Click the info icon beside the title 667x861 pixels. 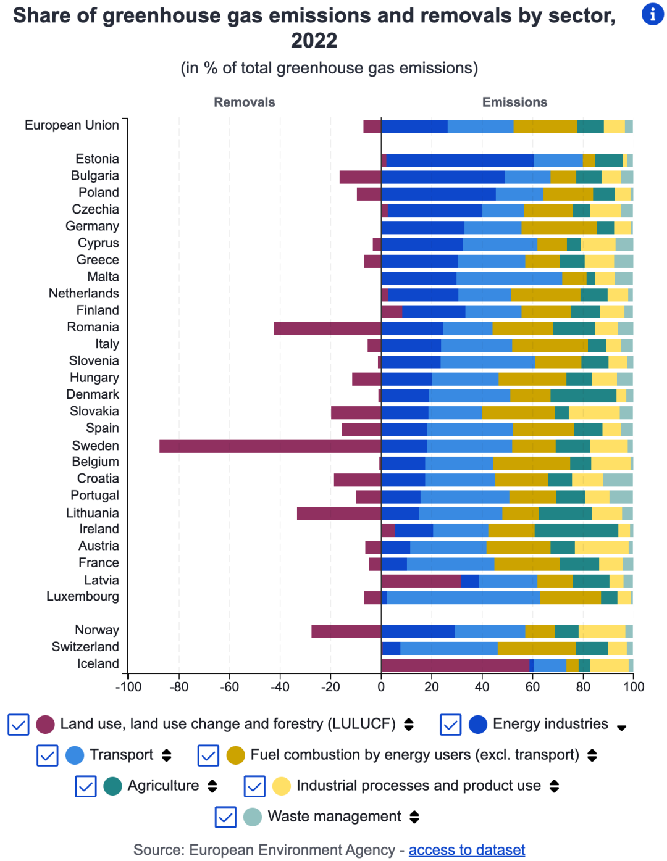pos(652,14)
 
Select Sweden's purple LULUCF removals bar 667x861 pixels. pos(270,446)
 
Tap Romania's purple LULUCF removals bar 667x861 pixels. pos(327,328)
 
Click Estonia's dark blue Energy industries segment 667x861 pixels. pos(459,160)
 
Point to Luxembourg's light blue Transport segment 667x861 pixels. pos(463,597)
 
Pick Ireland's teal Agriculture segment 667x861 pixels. pos(576,530)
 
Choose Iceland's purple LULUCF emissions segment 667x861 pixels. pos(455,664)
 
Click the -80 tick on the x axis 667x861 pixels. pos(178,686)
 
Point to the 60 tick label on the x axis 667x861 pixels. pos(532,686)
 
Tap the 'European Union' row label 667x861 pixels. pos(72,125)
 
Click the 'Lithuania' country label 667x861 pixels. pos(93,512)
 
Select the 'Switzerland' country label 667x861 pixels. pos(85,646)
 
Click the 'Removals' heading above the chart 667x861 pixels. pos(245,102)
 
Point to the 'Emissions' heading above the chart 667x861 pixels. pos(514,102)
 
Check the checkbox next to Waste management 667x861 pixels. pos(226,817)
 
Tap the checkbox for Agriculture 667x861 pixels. pos(86,786)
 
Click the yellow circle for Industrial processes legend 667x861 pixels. pos(282,786)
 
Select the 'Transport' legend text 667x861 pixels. pos(121,754)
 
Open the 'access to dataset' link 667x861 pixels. pos(466,850)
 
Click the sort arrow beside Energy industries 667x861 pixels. pos(621,726)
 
